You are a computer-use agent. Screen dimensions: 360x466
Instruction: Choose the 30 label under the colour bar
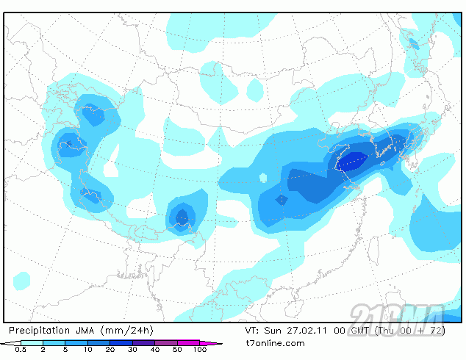pyautogui.click(x=133, y=350)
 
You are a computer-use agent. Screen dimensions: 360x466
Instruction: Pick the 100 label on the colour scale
pyautogui.click(x=200, y=350)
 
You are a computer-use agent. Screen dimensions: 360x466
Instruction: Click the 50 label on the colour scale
pyautogui.click(x=177, y=350)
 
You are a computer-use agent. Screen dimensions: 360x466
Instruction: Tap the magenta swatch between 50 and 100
pyautogui.click(x=189, y=342)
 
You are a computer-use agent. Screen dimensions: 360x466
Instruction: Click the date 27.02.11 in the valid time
pyautogui.click(x=301, y=331)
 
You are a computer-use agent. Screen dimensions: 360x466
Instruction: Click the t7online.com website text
pyautogui.click(x=275, y=343)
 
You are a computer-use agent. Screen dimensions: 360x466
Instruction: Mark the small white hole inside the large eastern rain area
pyautogui.click(x=264, y=177)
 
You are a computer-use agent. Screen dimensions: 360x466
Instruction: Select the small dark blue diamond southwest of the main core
pyautogui.click(x=282, y=199)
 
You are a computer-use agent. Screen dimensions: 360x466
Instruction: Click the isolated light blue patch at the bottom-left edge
pyautogui.click(x=22, y=281)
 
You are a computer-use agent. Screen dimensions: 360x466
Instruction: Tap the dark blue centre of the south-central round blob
pyautogui.click(x=181, y=216)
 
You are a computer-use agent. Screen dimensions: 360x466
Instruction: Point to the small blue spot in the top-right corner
pyautogui.click(x=414, y=44)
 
